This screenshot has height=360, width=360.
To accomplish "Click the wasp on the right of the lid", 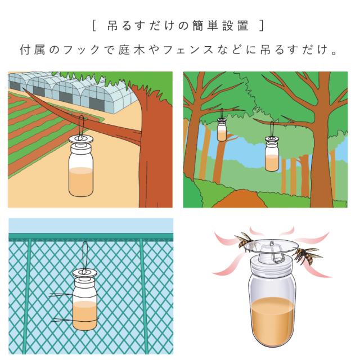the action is pos(306,255).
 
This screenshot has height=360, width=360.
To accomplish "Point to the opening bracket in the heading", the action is pos(94,25).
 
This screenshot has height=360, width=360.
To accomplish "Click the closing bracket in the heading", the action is pos(262,25).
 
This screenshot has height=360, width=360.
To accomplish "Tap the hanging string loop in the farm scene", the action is pos(81,127).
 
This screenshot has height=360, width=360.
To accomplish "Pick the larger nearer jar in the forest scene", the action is pos(272,154).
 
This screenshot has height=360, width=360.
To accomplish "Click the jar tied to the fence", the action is pos(85,299).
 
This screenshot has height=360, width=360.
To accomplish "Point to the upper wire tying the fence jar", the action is pos(74,295).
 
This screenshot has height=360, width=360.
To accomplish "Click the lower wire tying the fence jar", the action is pos(74,320).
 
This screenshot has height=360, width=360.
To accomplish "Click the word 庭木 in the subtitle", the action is pos(132,49).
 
